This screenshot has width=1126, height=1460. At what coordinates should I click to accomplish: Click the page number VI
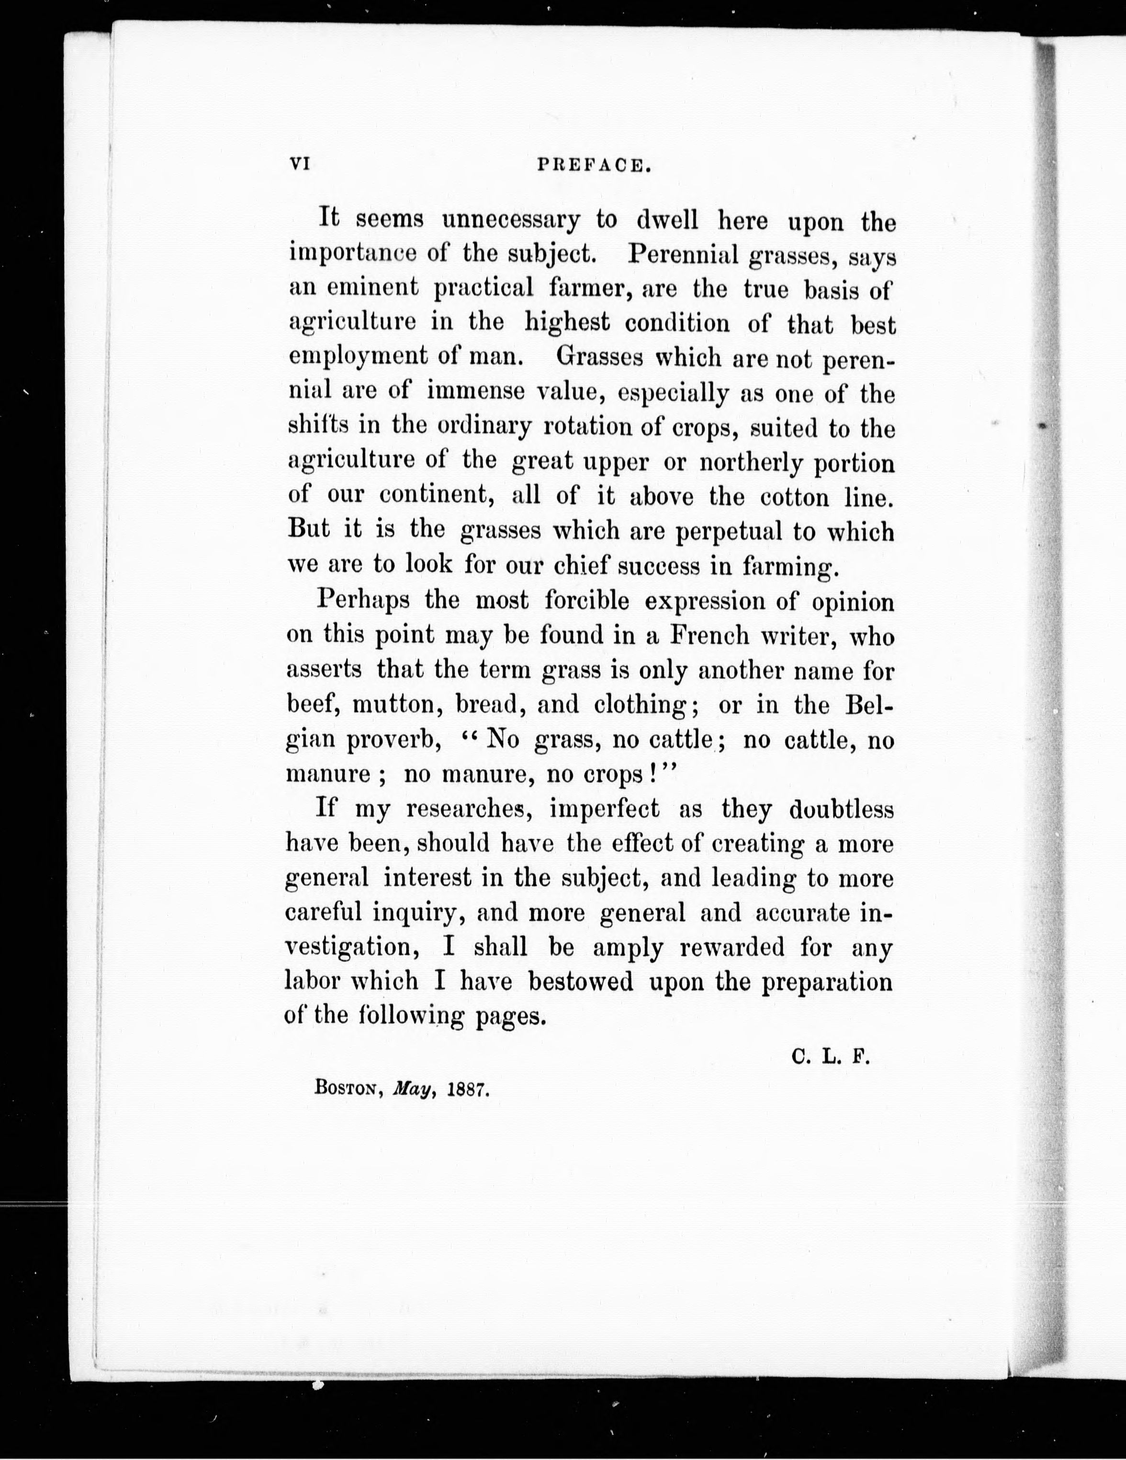(x=298, y=164)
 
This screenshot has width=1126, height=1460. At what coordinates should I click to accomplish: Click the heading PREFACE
(x=594, y=165)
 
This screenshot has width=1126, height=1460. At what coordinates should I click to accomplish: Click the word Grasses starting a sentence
(x=599, y=358)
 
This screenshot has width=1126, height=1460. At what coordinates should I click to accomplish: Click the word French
(x=709, y=635)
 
